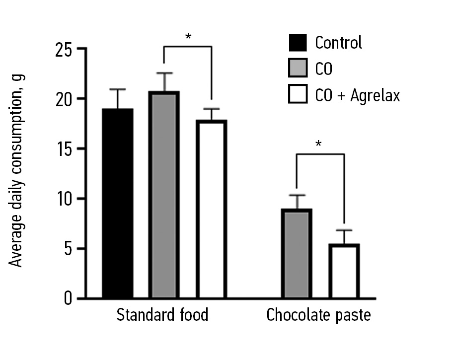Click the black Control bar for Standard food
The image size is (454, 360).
[118, 204]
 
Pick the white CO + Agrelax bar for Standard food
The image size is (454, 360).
[211, 209]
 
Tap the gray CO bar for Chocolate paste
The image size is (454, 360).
[297, 254]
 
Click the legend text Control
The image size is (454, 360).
[338, 43]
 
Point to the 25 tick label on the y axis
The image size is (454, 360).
[63, 49]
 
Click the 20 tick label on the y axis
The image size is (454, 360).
[63, 99]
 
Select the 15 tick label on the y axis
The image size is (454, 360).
[63, 149]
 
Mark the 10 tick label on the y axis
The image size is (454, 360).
[63, 199]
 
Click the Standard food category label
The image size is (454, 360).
[162, 315]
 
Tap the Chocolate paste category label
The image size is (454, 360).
[318, 315]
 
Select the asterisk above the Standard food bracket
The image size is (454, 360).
[188, 36]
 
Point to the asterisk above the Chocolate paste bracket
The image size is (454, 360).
[319, 144]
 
